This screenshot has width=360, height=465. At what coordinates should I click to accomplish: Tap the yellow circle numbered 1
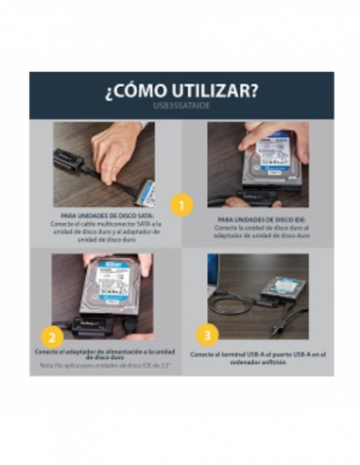181,204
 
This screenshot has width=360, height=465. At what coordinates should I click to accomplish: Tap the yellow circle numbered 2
55,334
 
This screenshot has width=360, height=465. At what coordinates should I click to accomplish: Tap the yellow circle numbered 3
208,334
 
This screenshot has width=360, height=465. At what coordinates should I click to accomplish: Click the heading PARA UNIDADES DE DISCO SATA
104,216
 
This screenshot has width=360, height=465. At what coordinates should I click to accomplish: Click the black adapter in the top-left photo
70,160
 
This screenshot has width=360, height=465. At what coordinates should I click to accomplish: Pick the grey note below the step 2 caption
104,366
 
